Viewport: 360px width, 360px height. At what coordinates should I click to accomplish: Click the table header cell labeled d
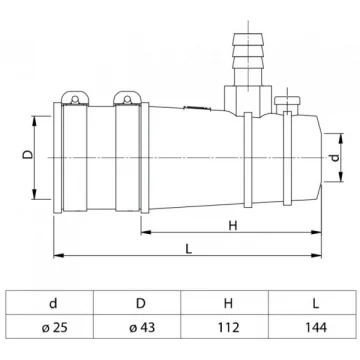(x=53, y=304)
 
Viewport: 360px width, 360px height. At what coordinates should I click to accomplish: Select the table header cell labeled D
(x=141, y=304)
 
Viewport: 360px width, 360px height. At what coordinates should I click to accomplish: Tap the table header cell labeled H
(x=228, y=304)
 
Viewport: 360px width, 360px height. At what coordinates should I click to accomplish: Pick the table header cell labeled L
(x=316, y=304)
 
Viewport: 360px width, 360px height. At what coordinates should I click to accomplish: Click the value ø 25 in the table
(x=55, y=328)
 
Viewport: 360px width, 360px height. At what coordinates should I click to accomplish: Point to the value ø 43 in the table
(x=142, y=328)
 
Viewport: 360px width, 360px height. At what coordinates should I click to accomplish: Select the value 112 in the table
(x=228, y=328)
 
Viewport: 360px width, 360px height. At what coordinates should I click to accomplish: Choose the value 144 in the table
(x=316, y=328)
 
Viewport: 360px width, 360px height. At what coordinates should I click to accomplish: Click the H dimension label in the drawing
(x=233, y=226)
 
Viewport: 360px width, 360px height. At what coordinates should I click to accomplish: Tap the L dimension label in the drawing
(x=189, y=249)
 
